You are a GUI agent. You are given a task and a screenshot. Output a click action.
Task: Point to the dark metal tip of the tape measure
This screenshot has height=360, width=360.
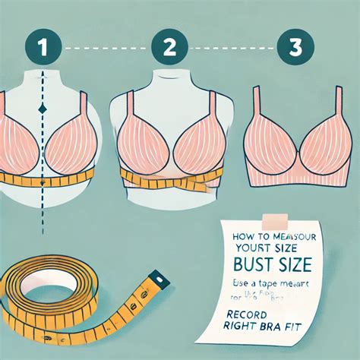pos(159,279)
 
